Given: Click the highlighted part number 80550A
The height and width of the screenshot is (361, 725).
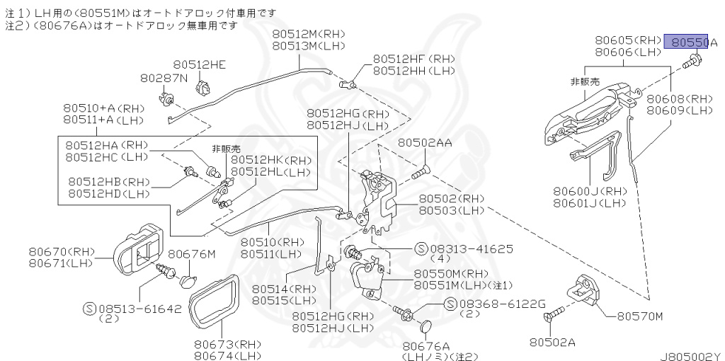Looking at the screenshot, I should [x=690, y=42].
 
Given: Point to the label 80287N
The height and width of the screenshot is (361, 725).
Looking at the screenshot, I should [x=164, y=77].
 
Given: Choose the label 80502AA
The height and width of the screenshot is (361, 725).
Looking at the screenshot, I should [x=424, y=142].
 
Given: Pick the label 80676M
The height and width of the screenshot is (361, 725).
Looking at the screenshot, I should [x=191, y=253].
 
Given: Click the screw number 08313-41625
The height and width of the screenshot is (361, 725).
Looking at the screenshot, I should [x=472, y=249].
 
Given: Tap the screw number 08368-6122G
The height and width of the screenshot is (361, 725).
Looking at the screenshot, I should [x=503, y=304].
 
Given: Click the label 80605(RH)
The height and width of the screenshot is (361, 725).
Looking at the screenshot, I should [x=627, y=41].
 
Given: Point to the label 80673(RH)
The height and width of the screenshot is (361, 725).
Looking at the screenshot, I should [x=227, y=343].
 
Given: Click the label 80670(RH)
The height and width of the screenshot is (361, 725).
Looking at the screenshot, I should [x=62, y=251].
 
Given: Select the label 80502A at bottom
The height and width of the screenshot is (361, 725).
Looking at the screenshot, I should [x=552, y=342].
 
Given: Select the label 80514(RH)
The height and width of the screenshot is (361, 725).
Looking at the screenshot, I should [x=284, y=289].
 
